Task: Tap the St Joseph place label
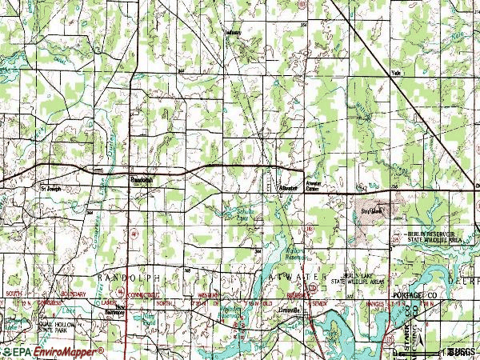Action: tap(50, 190)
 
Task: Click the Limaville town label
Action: tap(289, 309)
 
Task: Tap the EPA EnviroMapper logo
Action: tap(52, 351)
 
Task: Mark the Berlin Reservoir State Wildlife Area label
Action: tap(437, 234)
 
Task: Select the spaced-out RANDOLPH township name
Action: tap(129, 277)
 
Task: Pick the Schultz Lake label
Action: tap(237, 212)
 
